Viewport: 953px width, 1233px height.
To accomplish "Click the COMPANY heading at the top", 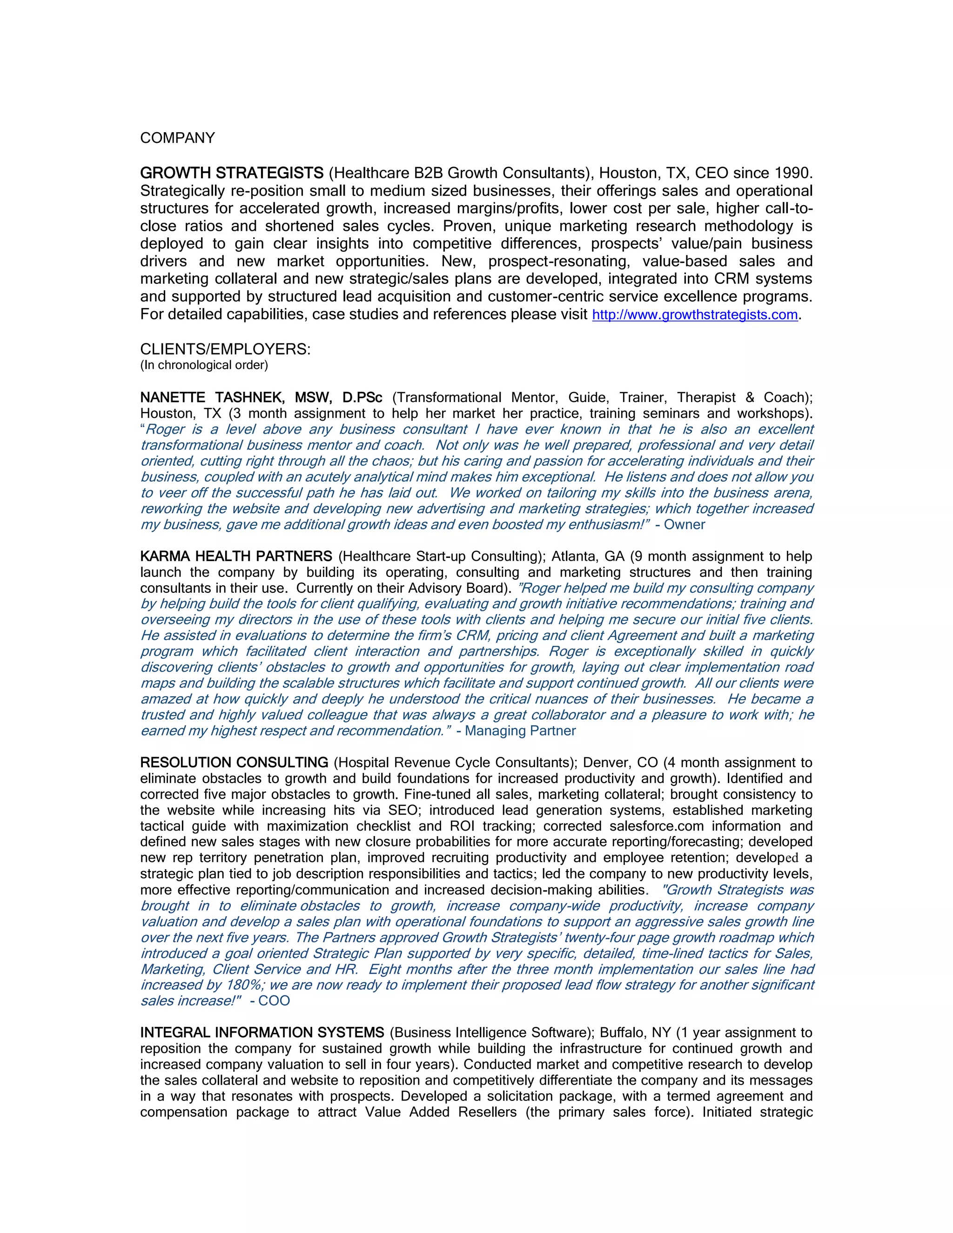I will pos(177,138).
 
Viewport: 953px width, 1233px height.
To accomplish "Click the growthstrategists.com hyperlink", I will pos(694,315).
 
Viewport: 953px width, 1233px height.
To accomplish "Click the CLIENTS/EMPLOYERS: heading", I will pos(225,349).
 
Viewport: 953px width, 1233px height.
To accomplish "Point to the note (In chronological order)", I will pos(204,365).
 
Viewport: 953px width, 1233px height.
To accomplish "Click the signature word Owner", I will pos(684,524).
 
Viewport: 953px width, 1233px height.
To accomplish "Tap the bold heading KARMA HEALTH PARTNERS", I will pos(236,556).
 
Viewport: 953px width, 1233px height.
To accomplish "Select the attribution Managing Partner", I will pos(520,731).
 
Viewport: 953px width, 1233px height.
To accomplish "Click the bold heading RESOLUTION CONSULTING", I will pos(234,763).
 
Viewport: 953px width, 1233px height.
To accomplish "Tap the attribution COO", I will pos(274,1001).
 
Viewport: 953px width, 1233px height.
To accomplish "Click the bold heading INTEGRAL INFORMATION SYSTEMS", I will pos(262,1033).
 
